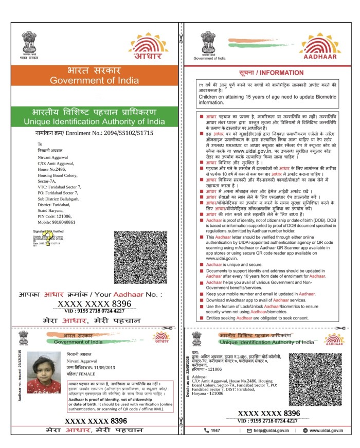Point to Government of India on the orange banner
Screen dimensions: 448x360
click(94, 81)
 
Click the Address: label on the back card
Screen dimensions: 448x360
click(200, 376)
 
